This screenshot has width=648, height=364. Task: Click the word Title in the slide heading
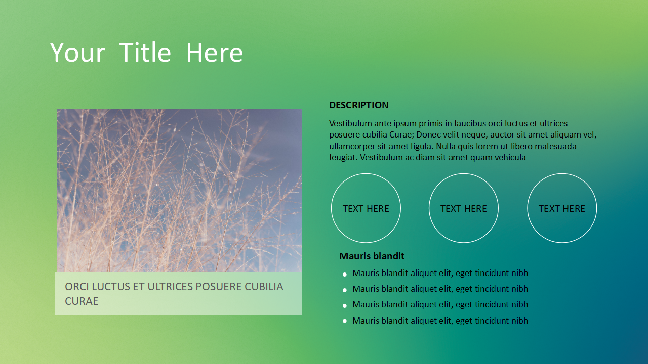point(145,52)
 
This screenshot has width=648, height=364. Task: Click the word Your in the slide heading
point(77,52)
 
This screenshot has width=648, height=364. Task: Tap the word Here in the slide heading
point(214,52)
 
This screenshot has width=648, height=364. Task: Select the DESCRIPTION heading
point(359,105)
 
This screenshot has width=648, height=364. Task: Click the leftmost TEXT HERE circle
point(366,174)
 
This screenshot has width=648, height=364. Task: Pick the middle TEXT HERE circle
point(464,174)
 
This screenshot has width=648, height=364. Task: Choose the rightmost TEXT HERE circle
point(562,174)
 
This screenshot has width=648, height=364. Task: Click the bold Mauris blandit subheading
point(372,256)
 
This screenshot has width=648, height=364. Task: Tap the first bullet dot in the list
point(345,275)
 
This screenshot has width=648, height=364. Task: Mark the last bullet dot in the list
point(345,321)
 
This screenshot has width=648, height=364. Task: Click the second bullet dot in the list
point(345,290)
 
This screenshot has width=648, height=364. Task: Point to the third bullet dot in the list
point(345,306)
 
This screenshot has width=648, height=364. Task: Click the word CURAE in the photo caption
point(82,301)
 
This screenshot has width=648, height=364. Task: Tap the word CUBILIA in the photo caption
point(264,287)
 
